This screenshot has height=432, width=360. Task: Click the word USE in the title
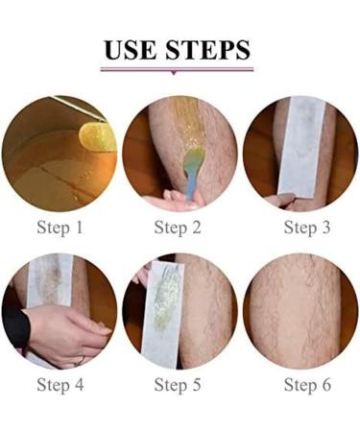(x=131, y=50)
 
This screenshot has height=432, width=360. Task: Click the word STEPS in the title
(x=208, y=50)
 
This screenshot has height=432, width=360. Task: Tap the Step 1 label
(x=60, y=228)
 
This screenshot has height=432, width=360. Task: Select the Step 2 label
(x=178, y=228)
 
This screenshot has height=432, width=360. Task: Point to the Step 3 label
(x=307, y=228)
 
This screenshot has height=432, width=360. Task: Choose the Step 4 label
(x=60, y=385)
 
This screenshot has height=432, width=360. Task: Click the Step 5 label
(x=178, y=385)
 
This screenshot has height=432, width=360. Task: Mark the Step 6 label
(x=307, y=385)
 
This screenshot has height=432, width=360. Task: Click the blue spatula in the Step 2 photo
(x=190, y=175)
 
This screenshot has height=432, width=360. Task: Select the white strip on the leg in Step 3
(x=300, y=146)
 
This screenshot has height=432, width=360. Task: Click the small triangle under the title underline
(x=174, y=73)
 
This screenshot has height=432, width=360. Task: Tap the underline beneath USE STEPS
(x=177, y=69)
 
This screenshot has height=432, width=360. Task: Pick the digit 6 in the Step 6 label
(x=326, y=385)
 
